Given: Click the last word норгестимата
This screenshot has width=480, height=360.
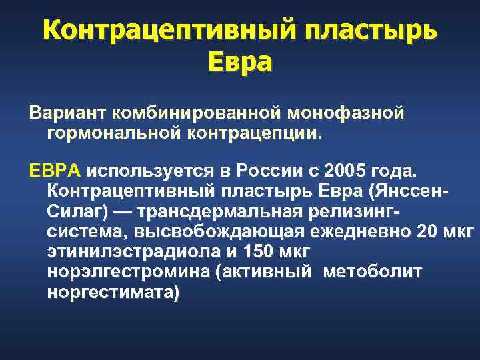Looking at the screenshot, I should (x=111, y=293).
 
